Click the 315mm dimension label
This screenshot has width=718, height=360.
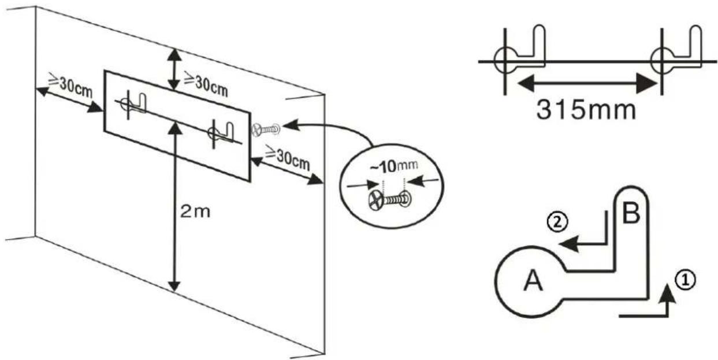click(x=586, y=110)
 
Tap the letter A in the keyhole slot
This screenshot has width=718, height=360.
click(x=533, y=280)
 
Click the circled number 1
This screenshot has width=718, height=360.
click(x=685, y=281)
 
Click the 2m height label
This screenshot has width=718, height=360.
click(x=195, y=212)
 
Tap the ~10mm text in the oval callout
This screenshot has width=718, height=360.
click(x=394, y=166)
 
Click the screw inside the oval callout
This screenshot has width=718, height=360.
click(x=389, y=200)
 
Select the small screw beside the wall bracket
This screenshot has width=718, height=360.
click(x=266, y=130)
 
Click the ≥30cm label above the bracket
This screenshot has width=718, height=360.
click(x=206, y=84)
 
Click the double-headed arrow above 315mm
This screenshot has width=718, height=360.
click(x=587, y=84)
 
